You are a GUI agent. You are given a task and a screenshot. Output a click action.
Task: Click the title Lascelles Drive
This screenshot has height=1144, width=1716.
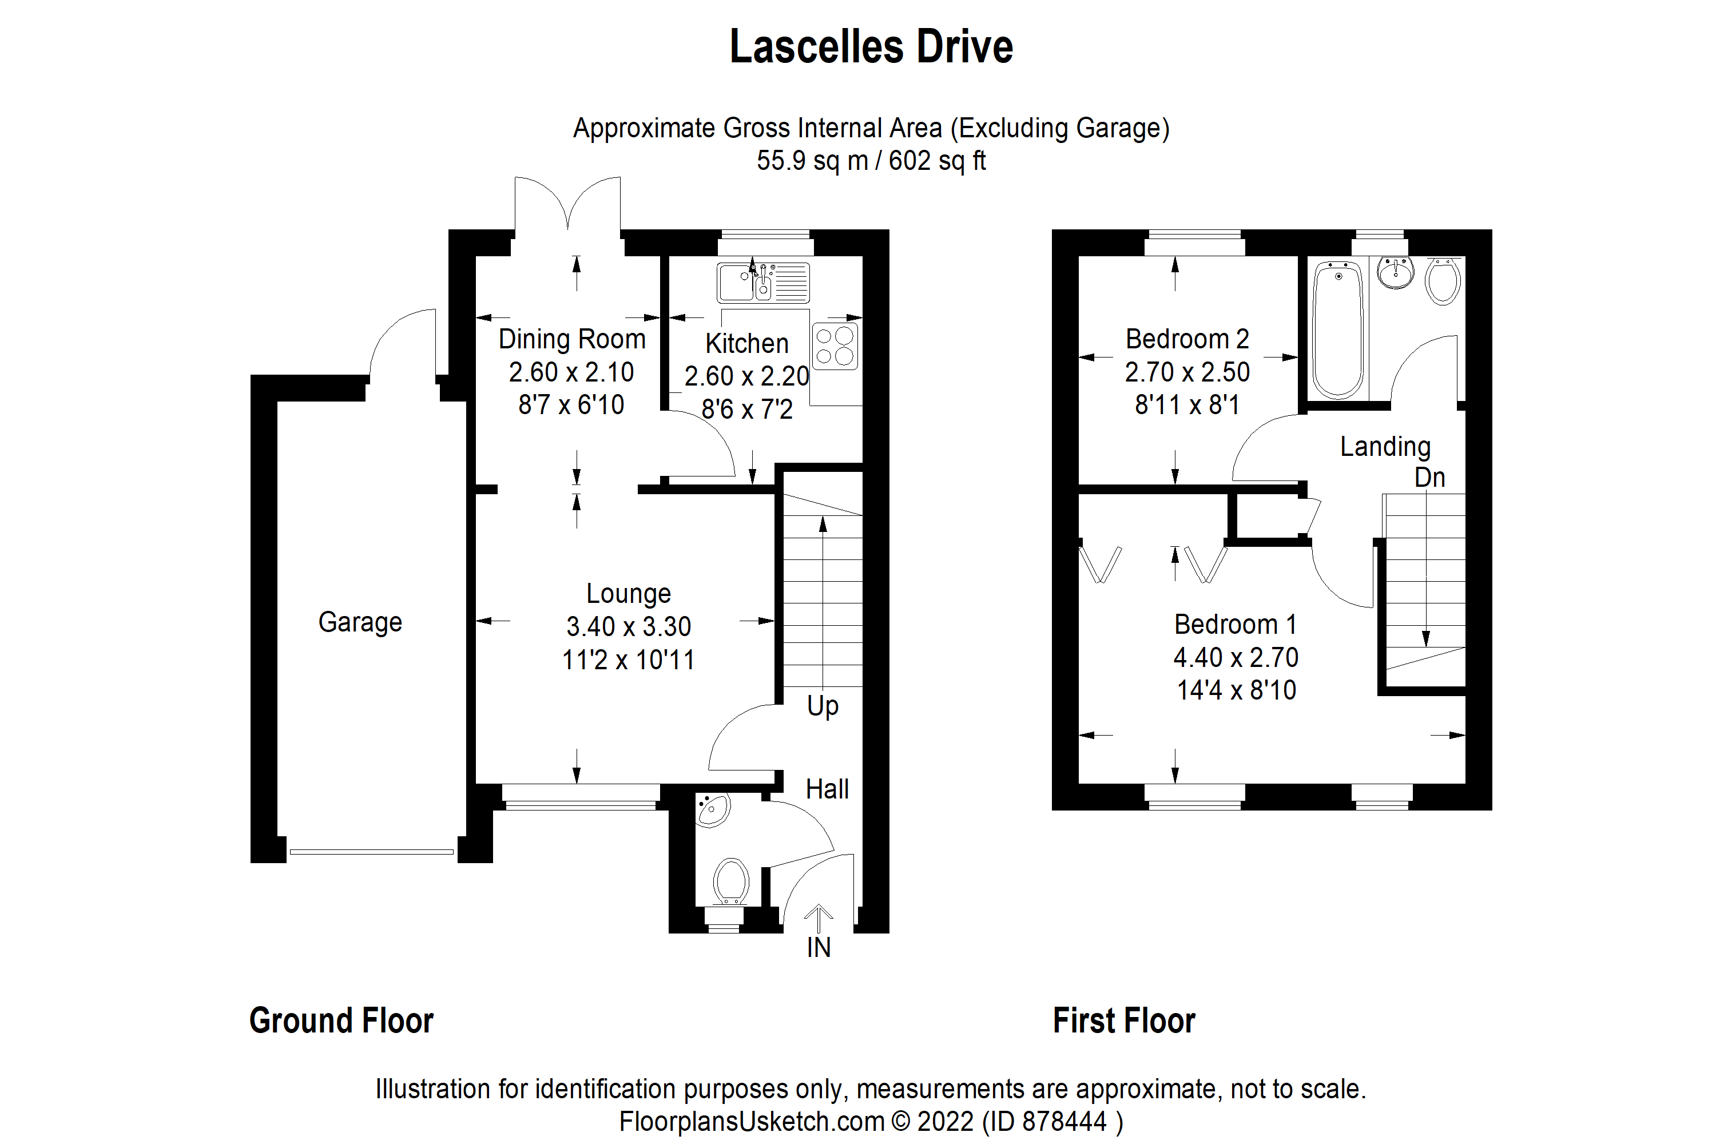[871, 47]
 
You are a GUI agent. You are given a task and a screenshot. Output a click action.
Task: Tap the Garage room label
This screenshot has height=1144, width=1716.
[360, 622]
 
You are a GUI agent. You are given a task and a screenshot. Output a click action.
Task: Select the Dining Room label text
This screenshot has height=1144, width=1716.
[572, 339]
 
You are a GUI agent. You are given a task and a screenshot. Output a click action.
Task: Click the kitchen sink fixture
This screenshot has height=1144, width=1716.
[763, 283]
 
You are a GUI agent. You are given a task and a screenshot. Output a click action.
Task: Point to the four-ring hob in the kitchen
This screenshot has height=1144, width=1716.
[835, 347]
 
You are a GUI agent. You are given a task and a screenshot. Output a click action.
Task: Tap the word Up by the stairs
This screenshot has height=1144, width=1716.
[823, 706]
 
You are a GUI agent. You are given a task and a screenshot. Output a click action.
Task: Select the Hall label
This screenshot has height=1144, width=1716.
[827, 789]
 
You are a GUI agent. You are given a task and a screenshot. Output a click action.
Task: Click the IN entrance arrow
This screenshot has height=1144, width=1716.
[819, 919]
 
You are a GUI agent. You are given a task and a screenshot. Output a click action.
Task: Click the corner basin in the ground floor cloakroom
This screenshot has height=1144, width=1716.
[712, 811]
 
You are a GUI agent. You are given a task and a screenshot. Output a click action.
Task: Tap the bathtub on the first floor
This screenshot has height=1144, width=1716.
[1338, 330]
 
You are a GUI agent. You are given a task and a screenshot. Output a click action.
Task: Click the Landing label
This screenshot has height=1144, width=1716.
[1385, 447]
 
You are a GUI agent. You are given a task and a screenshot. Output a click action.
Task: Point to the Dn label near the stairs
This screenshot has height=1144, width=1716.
[1429, 478]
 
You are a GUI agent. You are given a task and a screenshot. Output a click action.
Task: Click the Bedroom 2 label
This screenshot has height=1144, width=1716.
[1187, 339]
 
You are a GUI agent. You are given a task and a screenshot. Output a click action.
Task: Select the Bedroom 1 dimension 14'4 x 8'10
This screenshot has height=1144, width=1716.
[1237, 690]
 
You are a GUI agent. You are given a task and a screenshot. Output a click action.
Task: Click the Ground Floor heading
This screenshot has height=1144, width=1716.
[341, 1020]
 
